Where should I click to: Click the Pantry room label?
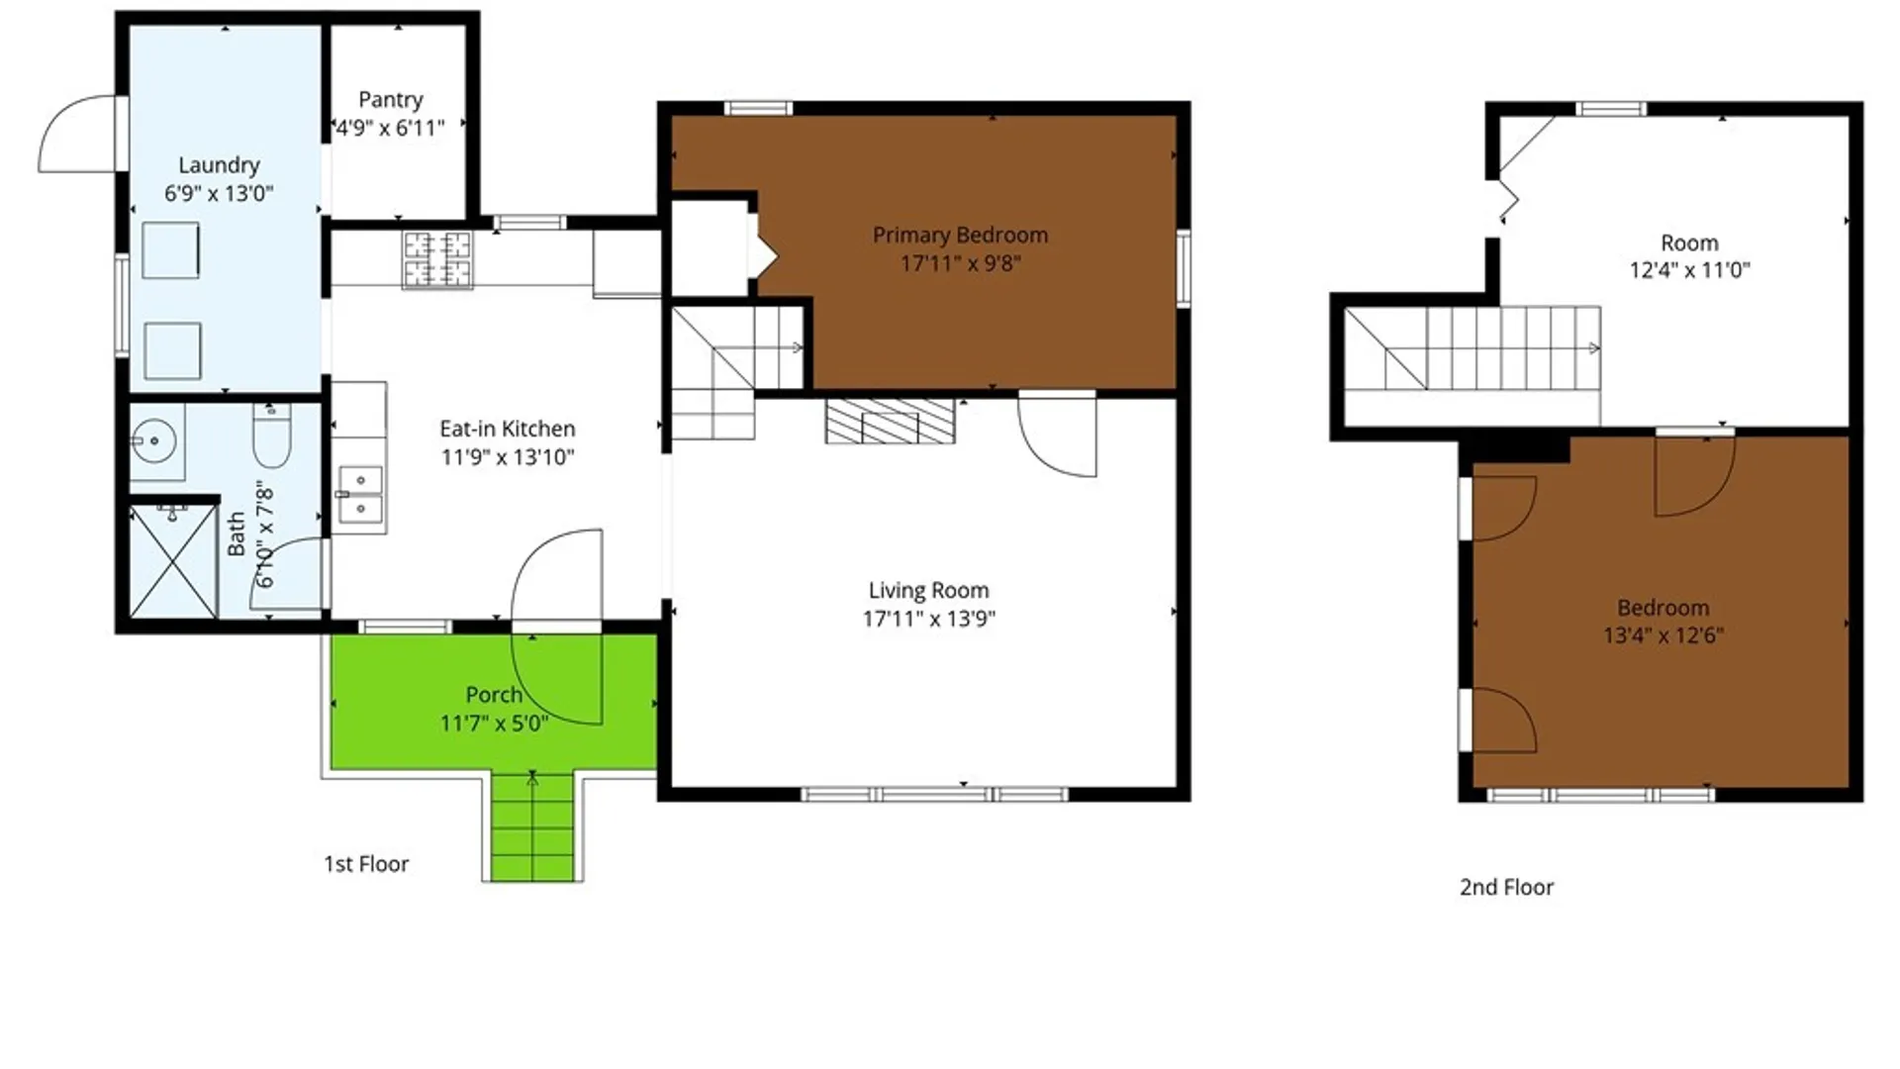click(x=390, y=100)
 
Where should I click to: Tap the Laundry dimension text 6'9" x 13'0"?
click(x=219, y=193)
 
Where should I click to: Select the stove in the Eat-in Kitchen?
click(x=436, y=259)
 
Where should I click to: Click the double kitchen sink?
click(x=358, y=494)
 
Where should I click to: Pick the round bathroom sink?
click(x=155, y=438)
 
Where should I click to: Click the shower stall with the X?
click(x=173, y=562)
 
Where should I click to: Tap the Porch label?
click(x=494, y=695)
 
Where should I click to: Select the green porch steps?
click(x=532, y=826)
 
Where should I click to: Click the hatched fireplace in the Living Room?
click(x=891, y=421)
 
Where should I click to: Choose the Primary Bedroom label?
click(x=960, y=236)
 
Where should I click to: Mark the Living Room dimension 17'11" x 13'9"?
click(x=928, y=619)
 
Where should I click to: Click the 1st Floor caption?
click(x=366, y=864)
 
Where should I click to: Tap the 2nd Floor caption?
click(x=1506, y=888)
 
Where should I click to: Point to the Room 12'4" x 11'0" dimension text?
click(x=1689, y=270)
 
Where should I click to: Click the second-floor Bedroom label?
click(x=1662, y=608)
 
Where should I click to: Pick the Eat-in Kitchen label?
click(x=507, y=429)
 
